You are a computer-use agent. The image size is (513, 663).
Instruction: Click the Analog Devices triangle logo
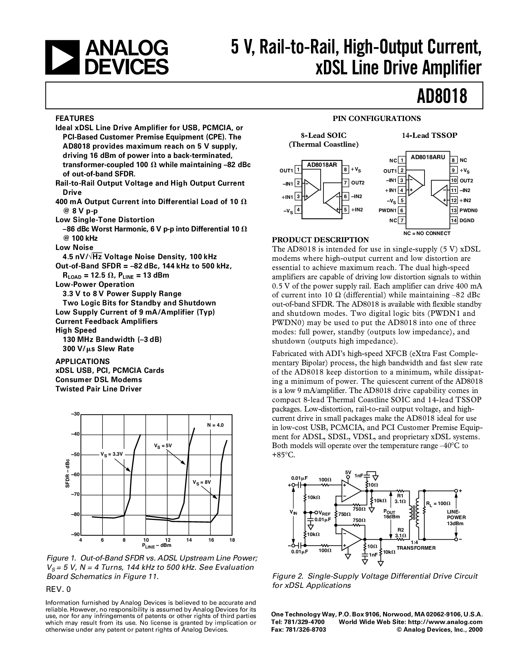62,57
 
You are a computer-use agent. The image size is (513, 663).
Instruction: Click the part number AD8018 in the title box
442,96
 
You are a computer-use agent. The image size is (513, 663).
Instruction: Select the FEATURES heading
75,119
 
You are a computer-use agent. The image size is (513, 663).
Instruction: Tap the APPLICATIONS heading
82,361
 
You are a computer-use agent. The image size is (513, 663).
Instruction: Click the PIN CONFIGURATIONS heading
377,119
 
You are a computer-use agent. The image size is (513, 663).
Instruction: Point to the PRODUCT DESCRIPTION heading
321,239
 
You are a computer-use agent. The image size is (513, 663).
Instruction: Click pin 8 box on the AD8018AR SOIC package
346,169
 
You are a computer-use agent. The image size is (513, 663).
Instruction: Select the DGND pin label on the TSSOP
467,220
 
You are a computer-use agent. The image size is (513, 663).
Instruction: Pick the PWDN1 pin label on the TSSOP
387,210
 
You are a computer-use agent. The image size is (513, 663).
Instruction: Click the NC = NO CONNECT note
427,233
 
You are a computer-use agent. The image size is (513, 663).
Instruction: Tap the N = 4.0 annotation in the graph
215,425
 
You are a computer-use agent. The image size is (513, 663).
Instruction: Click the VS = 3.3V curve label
111,454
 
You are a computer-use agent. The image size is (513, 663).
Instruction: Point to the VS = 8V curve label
202,482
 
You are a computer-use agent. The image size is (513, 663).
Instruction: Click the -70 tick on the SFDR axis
75,494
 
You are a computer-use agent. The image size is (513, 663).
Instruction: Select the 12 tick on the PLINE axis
167,540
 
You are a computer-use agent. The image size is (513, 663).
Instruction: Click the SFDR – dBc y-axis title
68,473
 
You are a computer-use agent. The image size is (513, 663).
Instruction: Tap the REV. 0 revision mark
58,589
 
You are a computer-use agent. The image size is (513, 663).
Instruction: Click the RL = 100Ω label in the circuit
438,503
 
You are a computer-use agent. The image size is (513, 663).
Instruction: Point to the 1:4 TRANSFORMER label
416,545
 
